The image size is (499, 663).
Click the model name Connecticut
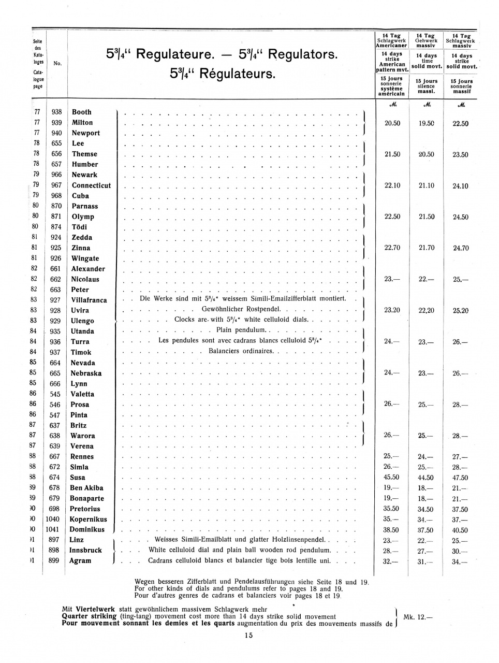91,185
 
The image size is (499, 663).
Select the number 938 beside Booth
56,112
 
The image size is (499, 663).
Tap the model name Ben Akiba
86,488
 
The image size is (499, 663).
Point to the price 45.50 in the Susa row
391,478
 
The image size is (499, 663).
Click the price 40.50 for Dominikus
460,530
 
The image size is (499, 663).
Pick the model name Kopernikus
88,519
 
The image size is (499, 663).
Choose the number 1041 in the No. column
53,529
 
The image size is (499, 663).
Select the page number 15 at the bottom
249,636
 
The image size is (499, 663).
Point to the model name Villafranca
89,300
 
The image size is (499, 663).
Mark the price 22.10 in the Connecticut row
392,185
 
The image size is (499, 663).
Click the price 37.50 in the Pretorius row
460,510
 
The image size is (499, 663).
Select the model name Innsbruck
85,550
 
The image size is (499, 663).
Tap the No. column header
57,63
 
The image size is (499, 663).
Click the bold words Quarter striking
89,616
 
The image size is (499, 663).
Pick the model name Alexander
88,269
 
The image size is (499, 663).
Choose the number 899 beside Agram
54,560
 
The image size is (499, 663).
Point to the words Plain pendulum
241,330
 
